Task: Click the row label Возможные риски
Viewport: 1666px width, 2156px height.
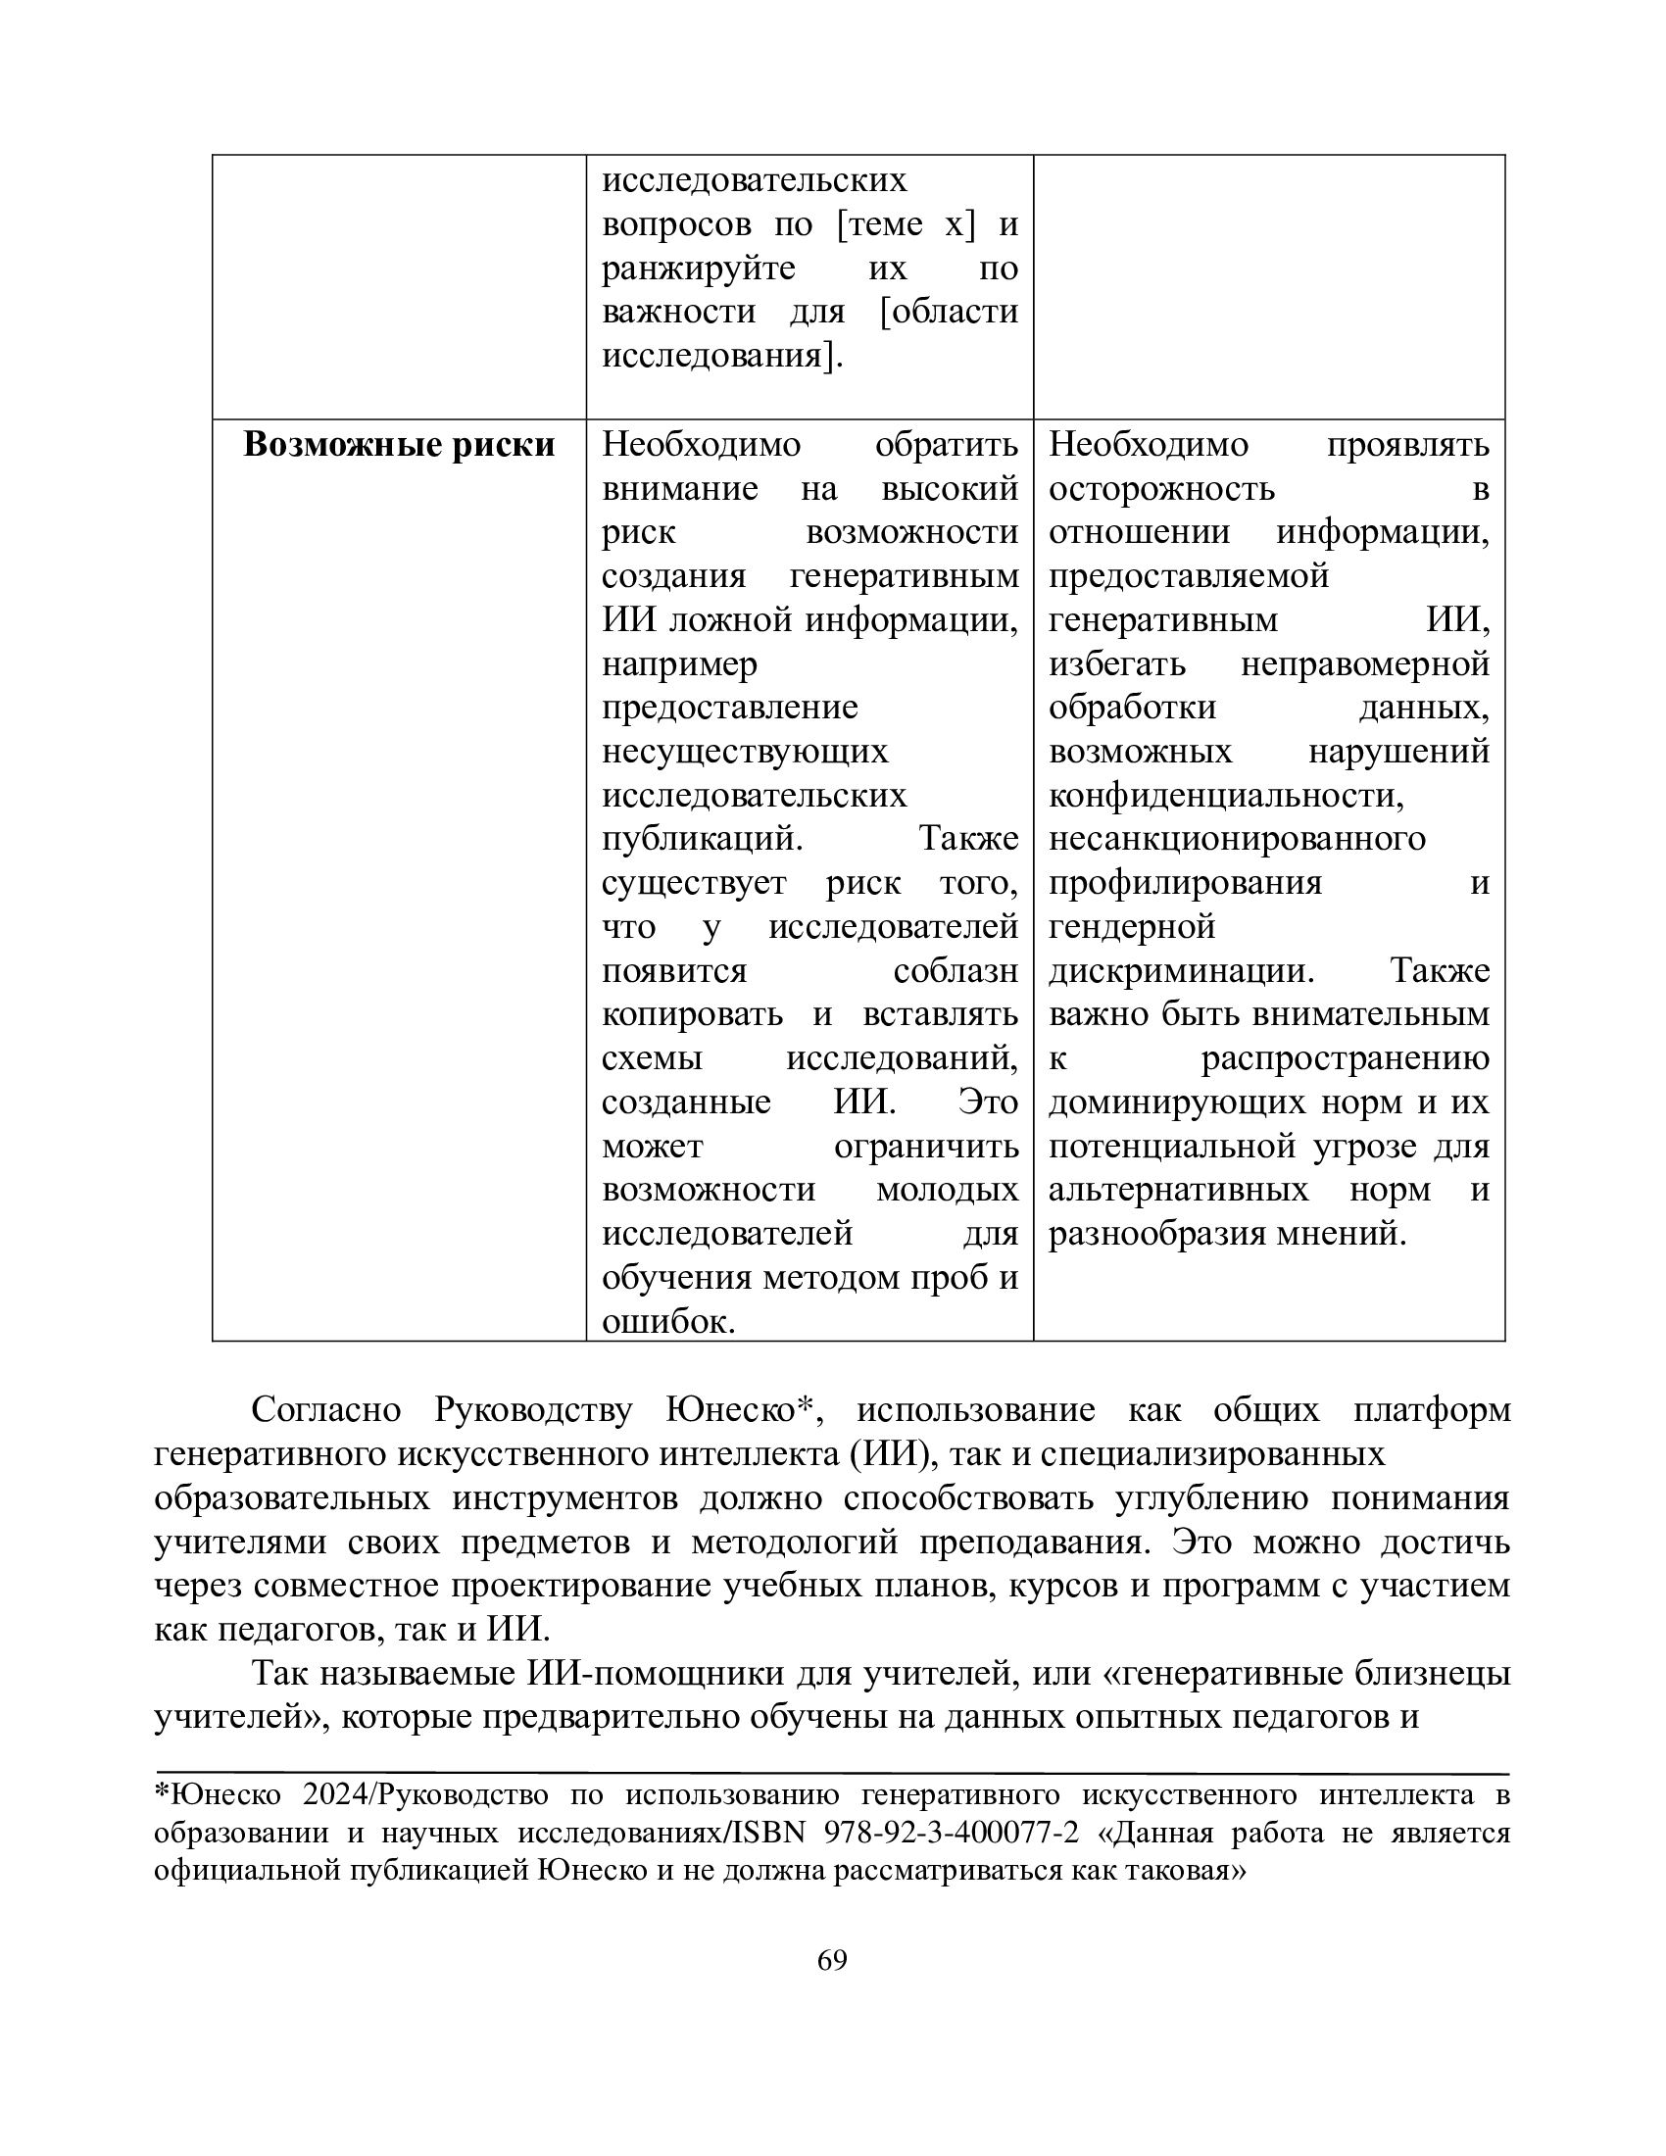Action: click(x=399, y=445)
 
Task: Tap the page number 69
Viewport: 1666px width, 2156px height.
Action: click(x=832, y=1960)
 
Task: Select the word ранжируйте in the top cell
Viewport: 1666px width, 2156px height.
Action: click(x=699, y=269)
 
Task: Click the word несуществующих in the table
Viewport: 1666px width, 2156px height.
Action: click(x=745, y=752)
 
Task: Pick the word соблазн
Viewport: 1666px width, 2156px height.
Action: click(x=955, y=970)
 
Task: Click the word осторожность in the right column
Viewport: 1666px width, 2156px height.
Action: click(x=1160, y=489)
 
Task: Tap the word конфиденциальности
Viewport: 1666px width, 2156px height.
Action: click(x=1226, y=796)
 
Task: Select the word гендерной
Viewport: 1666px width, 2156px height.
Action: click(x=1131, y=927)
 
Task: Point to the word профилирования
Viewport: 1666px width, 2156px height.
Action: click(x=1185, y=883)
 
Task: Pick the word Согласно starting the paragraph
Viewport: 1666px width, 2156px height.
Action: click(x=325, y=1409)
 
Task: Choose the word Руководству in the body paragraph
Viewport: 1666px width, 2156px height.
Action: click(x=533, y=1409)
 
